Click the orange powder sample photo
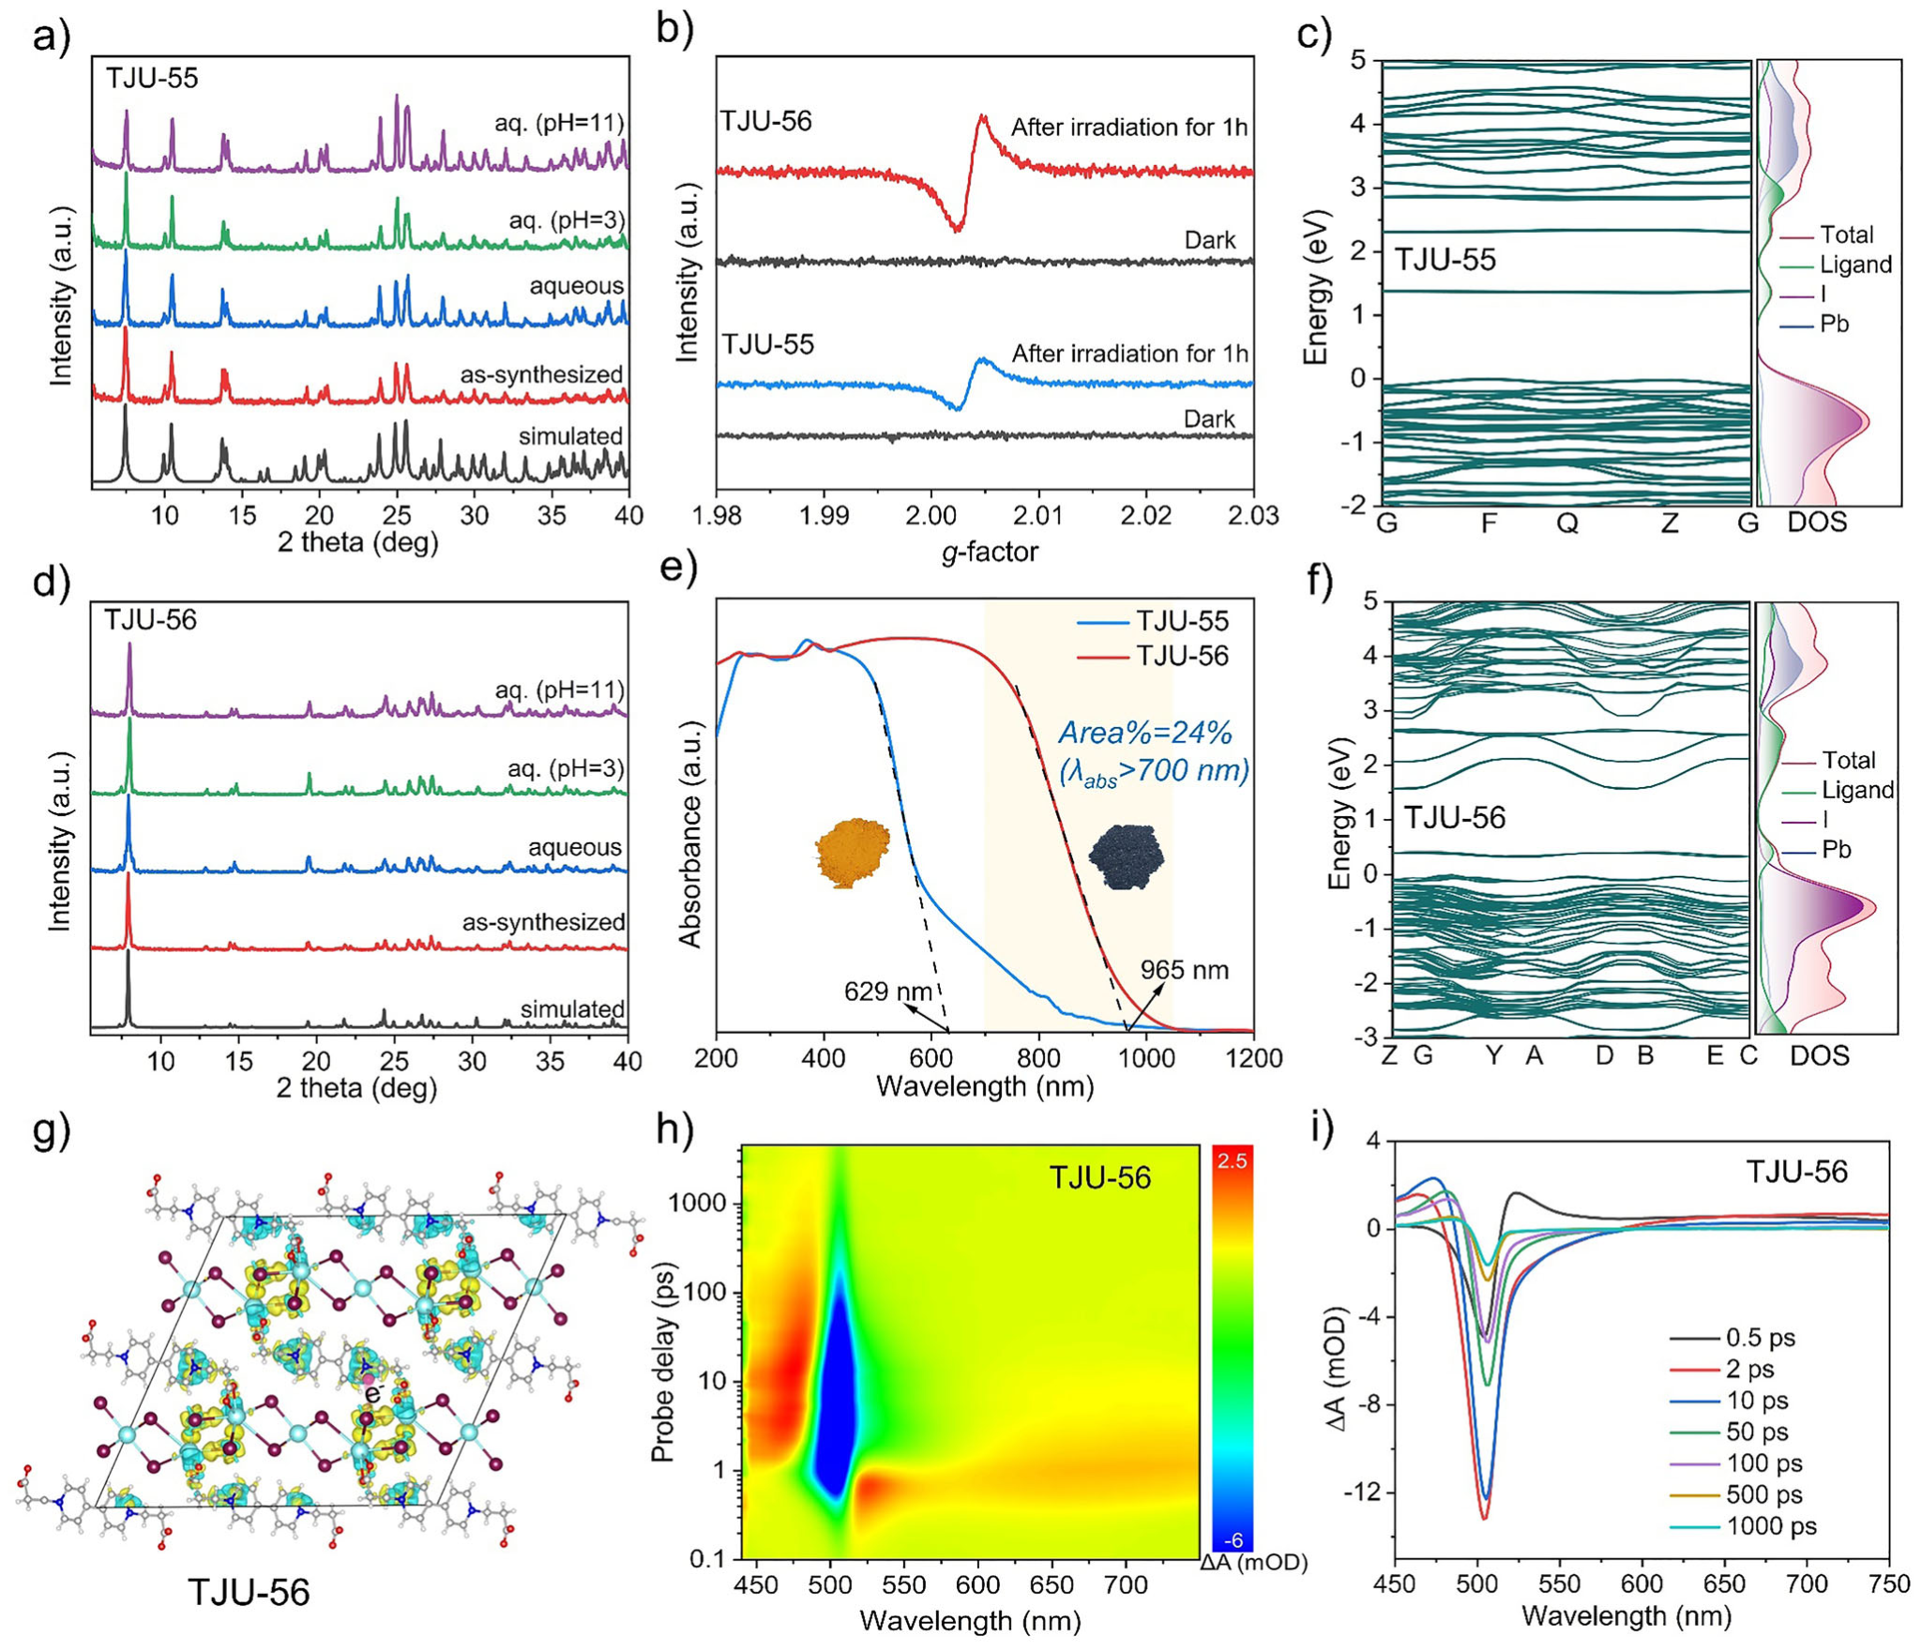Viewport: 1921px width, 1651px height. (851, 851)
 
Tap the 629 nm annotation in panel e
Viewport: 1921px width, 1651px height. (887, 991)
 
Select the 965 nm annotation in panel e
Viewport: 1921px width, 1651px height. (1184, 969)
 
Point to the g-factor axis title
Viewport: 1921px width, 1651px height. (990, 552)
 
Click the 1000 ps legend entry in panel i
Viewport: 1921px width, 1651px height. (1771, 1526)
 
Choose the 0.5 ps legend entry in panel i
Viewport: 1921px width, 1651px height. (1761, 1339)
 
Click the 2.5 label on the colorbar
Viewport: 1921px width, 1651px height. (1232, 1161)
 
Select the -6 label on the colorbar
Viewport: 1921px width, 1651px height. (1233, 1540)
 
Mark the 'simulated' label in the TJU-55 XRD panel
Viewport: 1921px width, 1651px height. (570, 436)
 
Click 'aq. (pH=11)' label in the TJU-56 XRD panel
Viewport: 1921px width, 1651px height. (560, 690)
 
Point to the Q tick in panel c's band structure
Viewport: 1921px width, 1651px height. (1567, 523)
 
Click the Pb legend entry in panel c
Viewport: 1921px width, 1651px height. (1834, 324)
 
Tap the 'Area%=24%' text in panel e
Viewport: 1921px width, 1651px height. (1145, 733)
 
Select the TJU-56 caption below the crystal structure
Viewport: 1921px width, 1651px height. (249, 1592)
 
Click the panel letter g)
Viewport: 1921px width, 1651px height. (53, 1131)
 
